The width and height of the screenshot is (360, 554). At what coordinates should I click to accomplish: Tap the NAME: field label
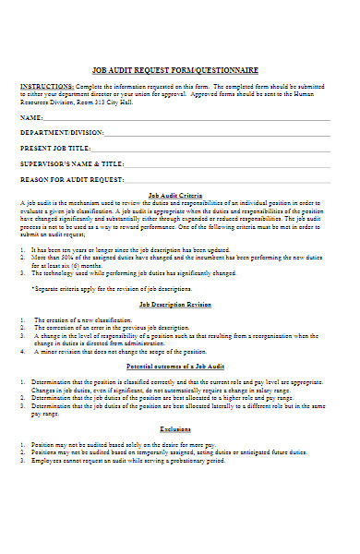click(x=31, y=118)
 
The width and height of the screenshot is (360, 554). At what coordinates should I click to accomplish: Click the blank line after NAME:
click(x=194, y=120)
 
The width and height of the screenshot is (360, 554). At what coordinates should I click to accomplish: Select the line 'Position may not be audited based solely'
click(x=120, y=445)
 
